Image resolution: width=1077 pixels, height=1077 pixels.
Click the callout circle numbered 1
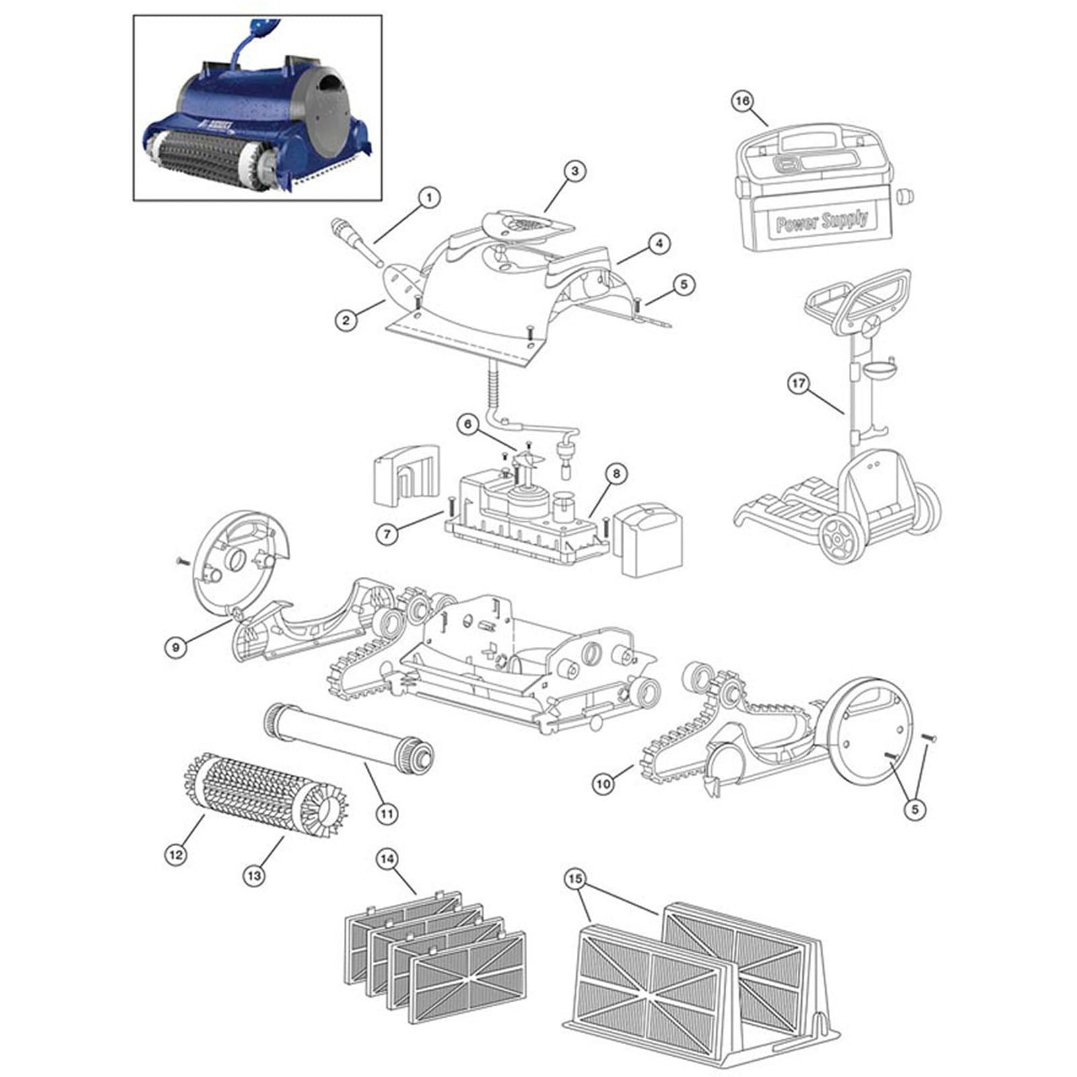[x=428, y=198]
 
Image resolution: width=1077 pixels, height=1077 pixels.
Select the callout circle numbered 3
[x=574, y=171]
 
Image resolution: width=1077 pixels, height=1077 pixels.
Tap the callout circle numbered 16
[x=741, y=101]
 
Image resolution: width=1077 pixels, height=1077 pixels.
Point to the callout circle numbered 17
[x=798, y=384]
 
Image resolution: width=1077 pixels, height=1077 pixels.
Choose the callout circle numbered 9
[x=175, y=648]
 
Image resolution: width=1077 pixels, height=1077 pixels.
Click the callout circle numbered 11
[x=386, y=813]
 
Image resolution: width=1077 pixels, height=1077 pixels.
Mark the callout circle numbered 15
[x=577, y=879]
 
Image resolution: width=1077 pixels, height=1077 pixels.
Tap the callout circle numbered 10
[x=604, y=784]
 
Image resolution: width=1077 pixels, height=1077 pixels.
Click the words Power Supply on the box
[x=821, y=221]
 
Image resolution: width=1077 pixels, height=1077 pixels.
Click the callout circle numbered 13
[x=254, y=875]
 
